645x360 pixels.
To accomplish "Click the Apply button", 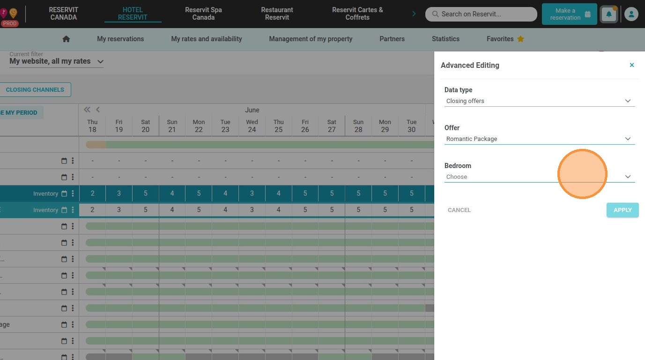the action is coord(622,210).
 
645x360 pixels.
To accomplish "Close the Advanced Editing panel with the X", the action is coord(632,65).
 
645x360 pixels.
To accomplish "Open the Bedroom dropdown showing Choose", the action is coord(539,176).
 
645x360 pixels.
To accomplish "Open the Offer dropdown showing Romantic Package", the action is coord(539,139).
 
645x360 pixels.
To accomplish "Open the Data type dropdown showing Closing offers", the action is coord(539,101).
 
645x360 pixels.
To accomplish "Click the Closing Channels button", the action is coord(35,90).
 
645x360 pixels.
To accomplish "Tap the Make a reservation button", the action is coord(569,14).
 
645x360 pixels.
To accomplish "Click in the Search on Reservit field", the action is coord(481,14).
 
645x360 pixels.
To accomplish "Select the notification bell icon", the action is coord(609,14).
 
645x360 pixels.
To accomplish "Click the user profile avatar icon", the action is coord(631,14).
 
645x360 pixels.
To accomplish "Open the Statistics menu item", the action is coord(445,39).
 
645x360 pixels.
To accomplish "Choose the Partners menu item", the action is coord(392,39).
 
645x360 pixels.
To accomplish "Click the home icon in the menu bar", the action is coord(66,39).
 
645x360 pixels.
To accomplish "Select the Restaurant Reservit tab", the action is coord(277,14).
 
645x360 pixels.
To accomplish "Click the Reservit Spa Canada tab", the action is coord(203,14).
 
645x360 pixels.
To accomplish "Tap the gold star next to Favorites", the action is coord(520,39).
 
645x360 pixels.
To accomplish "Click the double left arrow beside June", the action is coord(87,110).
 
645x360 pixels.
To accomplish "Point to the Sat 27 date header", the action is coord(332,126).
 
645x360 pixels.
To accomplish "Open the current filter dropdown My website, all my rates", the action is coord(56,61).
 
